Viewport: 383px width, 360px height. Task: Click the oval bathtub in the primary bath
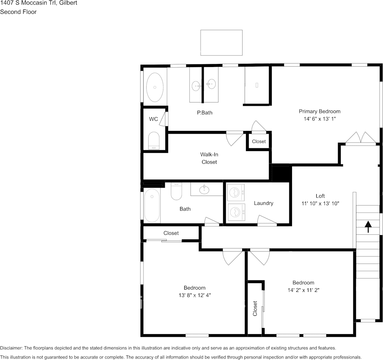click(155, 87)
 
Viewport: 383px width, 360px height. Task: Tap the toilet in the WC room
click(154, 140)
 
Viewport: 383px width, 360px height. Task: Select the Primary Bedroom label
click(319, 112)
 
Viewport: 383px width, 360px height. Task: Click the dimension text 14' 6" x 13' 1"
click(319, 119)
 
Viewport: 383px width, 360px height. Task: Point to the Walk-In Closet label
click(209, 158)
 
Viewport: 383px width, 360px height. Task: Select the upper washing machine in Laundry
click(236, 193)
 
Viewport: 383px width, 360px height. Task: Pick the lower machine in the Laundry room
click(236, 212)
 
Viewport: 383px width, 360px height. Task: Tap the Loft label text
click(320, 196)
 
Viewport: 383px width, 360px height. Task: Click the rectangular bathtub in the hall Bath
click(152, 205)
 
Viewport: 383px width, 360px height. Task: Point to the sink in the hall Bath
click(204, 189)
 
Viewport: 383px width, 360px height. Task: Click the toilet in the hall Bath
click(176, 191)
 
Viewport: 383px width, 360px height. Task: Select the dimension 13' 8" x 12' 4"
click(195, 295)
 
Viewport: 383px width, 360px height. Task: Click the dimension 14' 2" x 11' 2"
click(303, 290)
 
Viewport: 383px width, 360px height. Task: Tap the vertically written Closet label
click(255, 309)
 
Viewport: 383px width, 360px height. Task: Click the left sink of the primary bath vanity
click(196, 86)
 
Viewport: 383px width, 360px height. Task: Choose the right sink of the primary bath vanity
click(211, 84)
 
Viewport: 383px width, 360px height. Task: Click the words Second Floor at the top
click(18, 12)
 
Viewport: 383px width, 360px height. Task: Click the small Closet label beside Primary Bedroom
click(259, 142)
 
